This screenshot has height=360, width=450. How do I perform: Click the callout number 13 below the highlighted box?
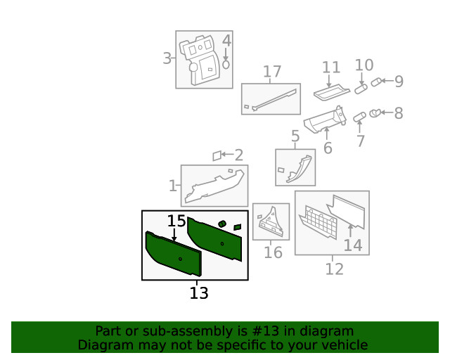pyautogui.click(x=199, y=293)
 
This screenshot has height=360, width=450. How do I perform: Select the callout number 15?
pyautogui.click(x=176, y=221)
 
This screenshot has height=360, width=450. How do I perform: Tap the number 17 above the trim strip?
pyautogui.click(x=272, y=72)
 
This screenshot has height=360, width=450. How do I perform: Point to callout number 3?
pyautogui.click(x=167, y=58)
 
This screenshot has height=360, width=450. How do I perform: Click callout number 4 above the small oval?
pyautogui.click(x=226, y=41)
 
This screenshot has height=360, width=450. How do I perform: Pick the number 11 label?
pyautogui.click(x=331, y=68)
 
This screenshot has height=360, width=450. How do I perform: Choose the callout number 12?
pyautogui.click(x=334, y=269)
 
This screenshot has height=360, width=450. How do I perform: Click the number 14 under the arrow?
pyautogui.click(x=352, y=245)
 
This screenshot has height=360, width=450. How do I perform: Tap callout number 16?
pyautogui.click(x=273, y=252)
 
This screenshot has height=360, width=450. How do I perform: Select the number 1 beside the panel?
pyautogui.click(x=172, y=186)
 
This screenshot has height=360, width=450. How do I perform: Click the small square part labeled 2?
pyautogui.click(x=217, y=155)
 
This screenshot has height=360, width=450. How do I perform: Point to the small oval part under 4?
pyautogui.click(x=226, y=64)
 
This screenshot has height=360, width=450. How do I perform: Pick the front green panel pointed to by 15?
pyautogui.click(x=172, y=254)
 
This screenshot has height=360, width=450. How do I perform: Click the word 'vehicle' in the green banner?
pyautogui.click(x=342, y=345)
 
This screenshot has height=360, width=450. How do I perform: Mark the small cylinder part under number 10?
pyautogui.click(x=361, y=89)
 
